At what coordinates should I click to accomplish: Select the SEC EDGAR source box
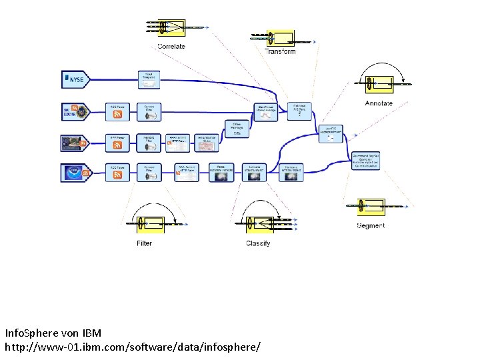(78, 111)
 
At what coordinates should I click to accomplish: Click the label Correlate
(171, 46)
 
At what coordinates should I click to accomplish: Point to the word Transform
(280, 51)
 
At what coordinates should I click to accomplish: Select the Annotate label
(379, 103)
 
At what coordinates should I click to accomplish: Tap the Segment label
(371, 225)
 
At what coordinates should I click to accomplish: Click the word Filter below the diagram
(144, 243)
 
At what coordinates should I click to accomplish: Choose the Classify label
(258, 243)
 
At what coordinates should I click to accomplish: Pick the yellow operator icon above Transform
(280, 37)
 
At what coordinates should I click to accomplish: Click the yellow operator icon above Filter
(151, 224)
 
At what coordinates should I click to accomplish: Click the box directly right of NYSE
(149, 80)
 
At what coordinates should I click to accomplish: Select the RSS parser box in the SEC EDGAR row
(118, 111)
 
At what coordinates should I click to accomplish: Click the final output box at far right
(365, 161)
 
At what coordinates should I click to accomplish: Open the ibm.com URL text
(133, 347)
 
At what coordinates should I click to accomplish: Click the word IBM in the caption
(92, 332)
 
